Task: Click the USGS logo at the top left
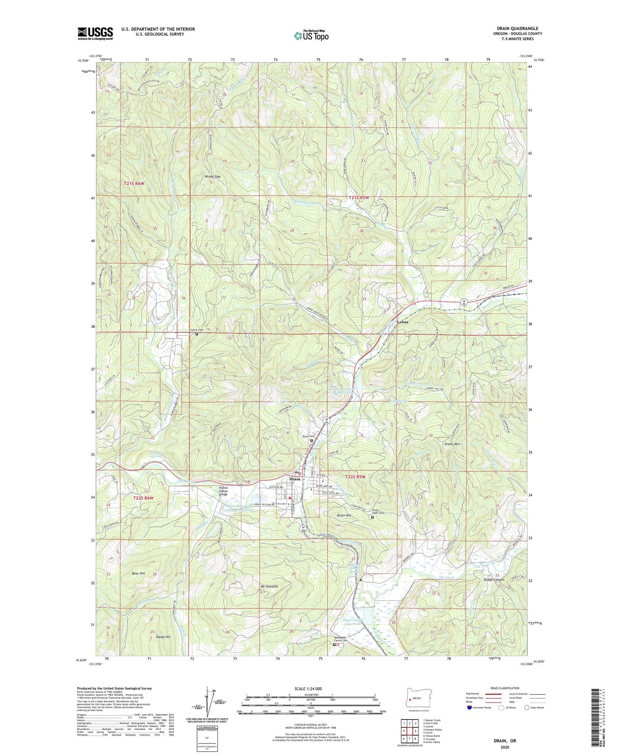pyautogui.click(x=95, y=33)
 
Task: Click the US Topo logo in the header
pyautogui.click(x=311, y=36)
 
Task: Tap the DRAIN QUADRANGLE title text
pyautogui.click(x=518, y=29)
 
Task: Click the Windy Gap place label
pyautogui.click(x=213, y=177)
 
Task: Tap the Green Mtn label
pyautogui.click(x=452, y=444)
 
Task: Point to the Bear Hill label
pyautogui.click(x=138, y=573)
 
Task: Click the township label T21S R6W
pyautogui.click(x=135, y=184)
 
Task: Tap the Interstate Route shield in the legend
pyautogui.click(x=470, y=708)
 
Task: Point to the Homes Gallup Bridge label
pyautogui.click(x=226, y=491)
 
